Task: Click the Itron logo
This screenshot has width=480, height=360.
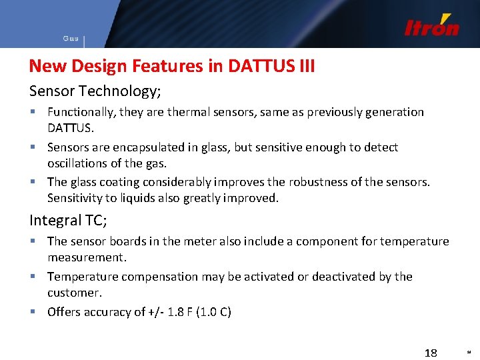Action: point(431,26)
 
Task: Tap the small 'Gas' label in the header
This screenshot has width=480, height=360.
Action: point(71,39)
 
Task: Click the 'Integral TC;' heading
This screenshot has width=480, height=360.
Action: point(68,220)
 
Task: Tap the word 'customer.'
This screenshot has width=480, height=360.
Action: point(74,293)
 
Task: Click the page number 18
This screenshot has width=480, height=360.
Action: point(431,352)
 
